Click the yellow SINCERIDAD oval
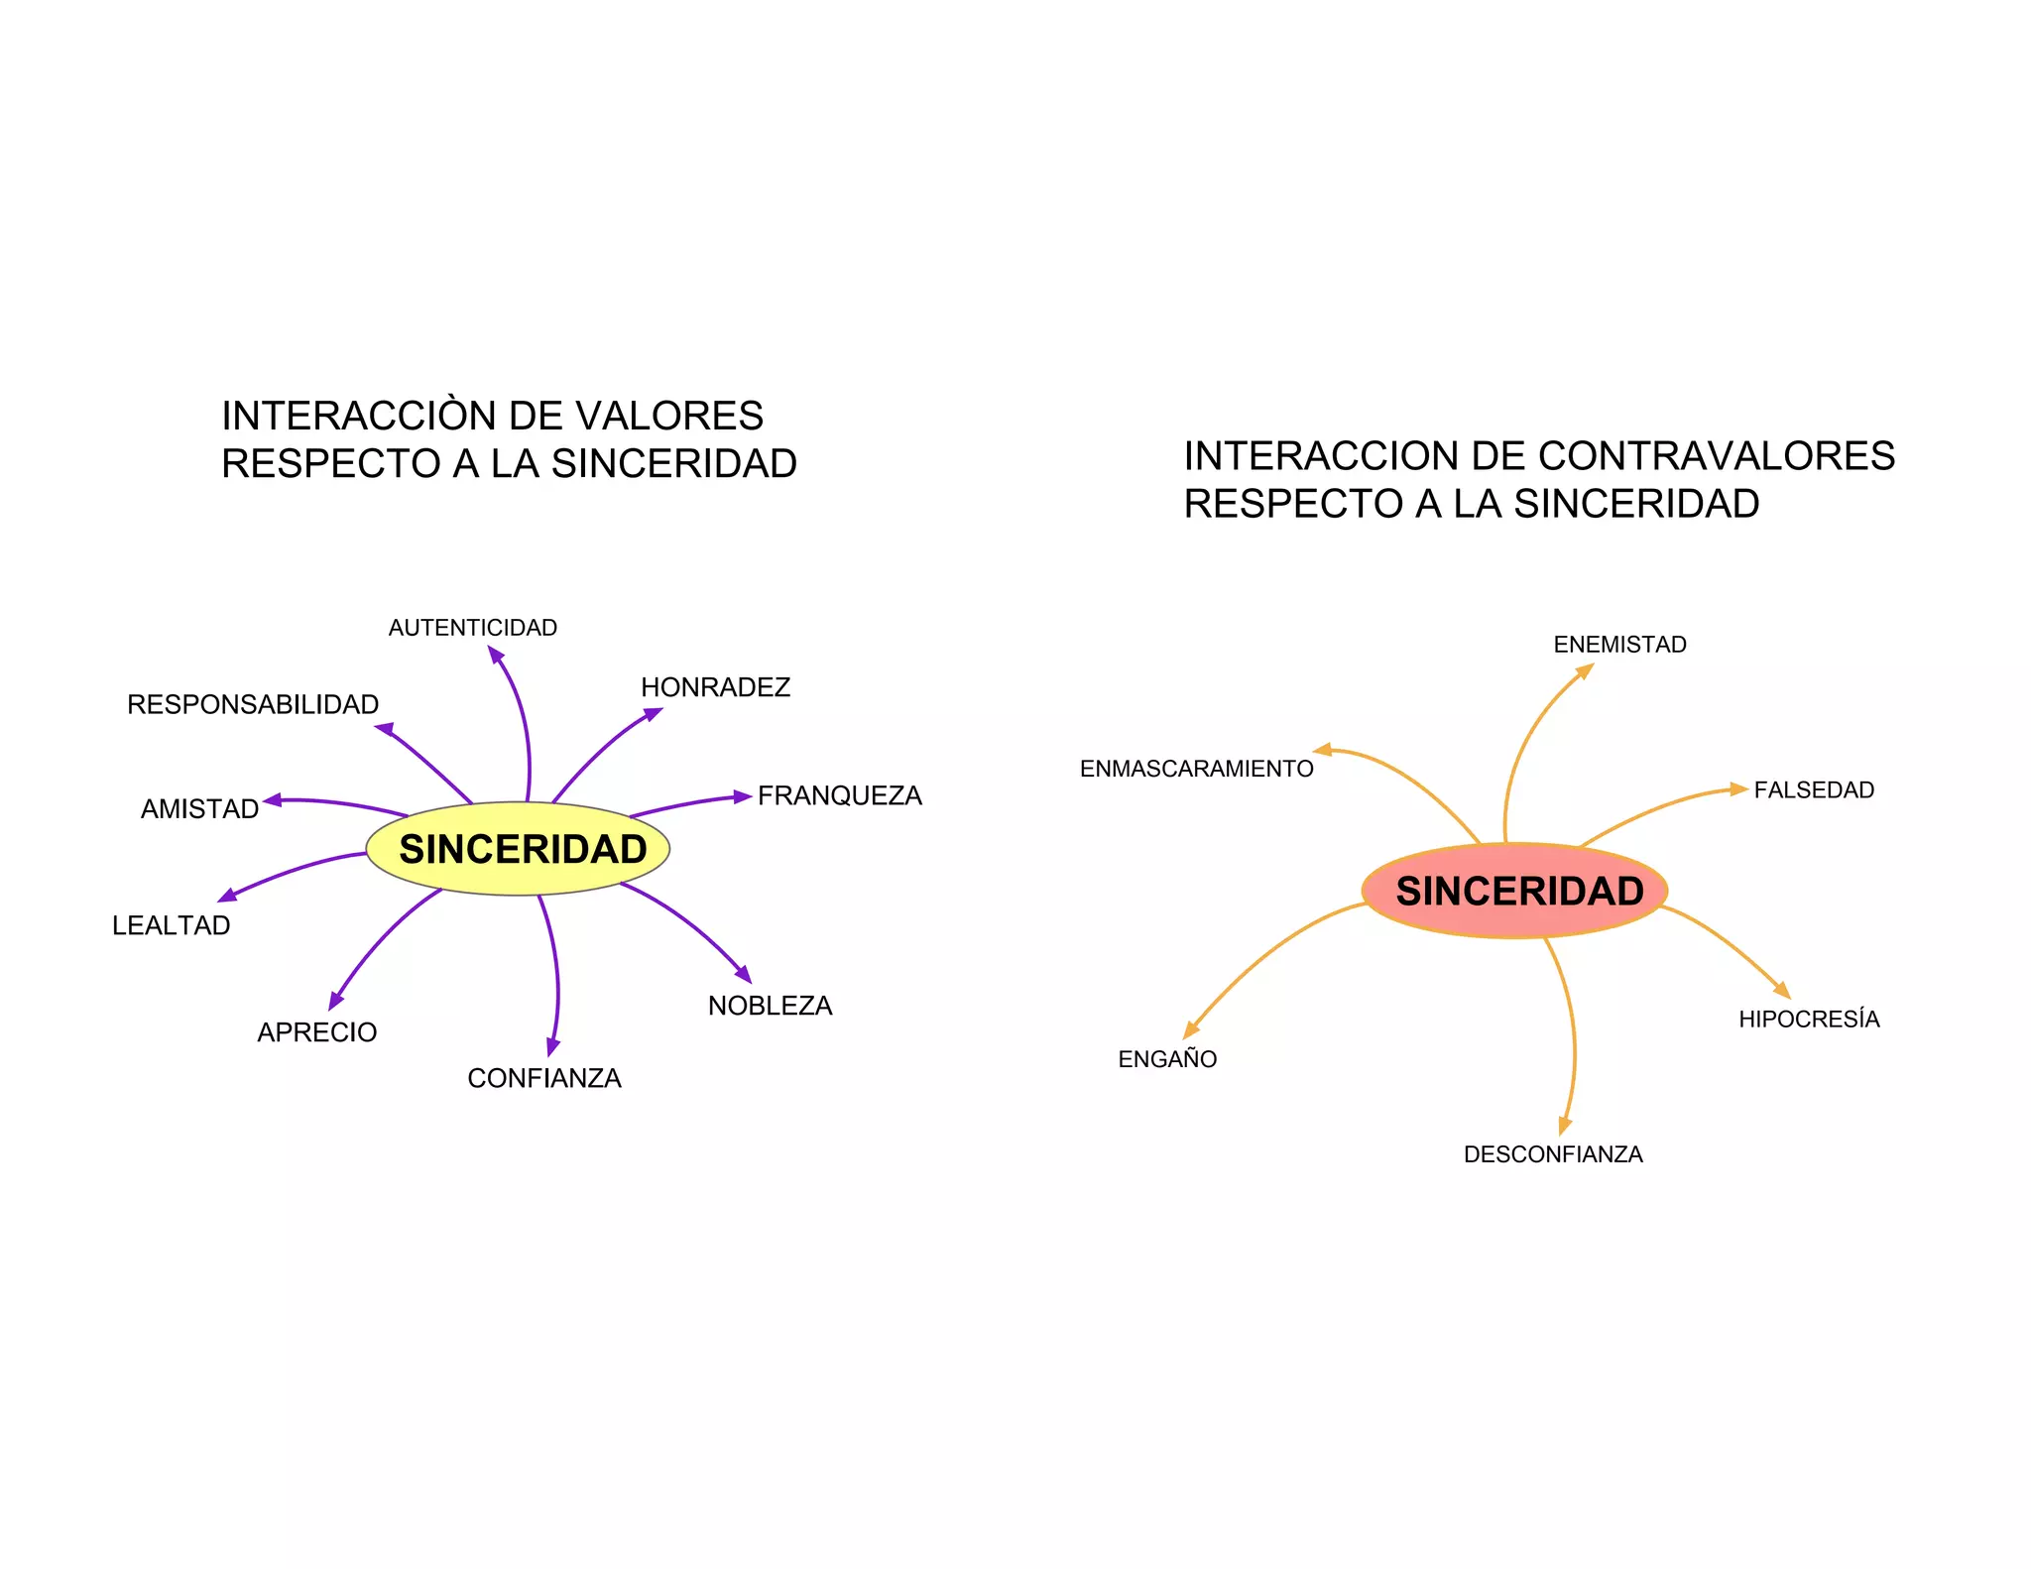(x=518, y=849)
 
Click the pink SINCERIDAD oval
(x=1515, y=891)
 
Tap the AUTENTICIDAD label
(x=472, y=628)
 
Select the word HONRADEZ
(x=715, y=687)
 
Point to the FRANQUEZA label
(x=839, y=795)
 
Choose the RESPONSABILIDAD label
(x=253, y=704)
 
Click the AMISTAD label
(x=199, y=809)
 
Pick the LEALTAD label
(x=171, y=925)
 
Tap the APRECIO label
(x=316, y=1032)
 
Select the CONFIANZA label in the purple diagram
(x=544, y=1078)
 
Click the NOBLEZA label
(x=770, y=1006)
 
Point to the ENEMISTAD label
(x=1619, y=645)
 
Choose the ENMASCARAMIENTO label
(x=1196, y=769)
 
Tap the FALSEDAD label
(x=1814, y=790)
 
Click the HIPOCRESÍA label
(x=1809, y=1020)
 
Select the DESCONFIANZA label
(x=1553, y=1154)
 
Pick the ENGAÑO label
(x=1167, y=1059)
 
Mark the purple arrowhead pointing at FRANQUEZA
(x=743, y=796)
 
